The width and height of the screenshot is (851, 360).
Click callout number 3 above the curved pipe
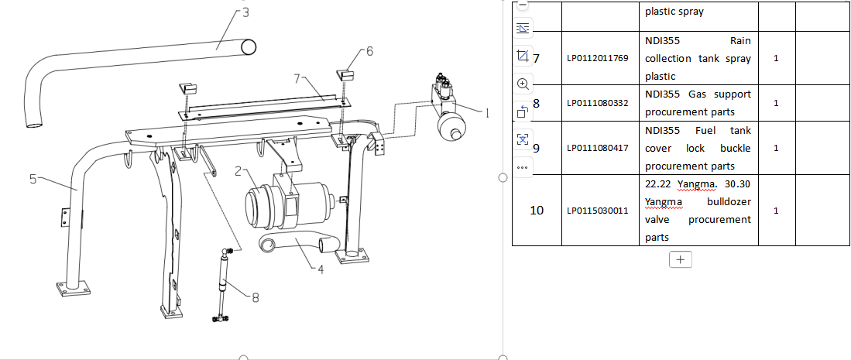245,12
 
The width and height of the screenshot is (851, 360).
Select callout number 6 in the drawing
369,51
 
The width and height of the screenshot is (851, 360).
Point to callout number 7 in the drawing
297,79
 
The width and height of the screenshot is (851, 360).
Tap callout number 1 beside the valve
487,113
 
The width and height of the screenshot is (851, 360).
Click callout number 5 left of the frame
33,179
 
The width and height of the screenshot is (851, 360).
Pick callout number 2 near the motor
238,172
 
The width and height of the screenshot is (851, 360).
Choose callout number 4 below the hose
321,269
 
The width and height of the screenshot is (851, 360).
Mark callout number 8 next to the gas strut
256,297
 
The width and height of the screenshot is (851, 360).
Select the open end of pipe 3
249,47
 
